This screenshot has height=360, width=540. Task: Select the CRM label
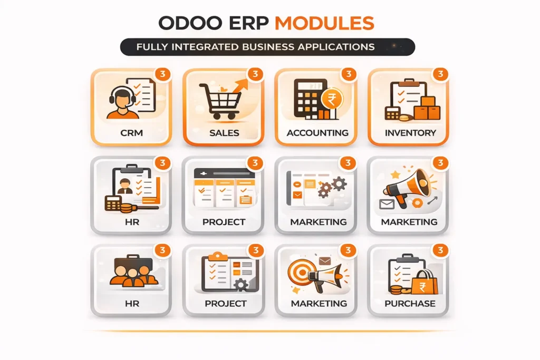coord(131,132)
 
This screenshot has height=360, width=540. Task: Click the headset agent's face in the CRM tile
coord(121,99)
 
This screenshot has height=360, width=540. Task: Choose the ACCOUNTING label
coord(317,132)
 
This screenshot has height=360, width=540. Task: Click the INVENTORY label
coord(410,132)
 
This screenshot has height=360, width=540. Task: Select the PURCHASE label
coord(410,303)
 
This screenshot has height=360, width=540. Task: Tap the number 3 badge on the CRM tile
coord(163,74)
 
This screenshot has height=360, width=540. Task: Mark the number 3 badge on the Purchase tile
coord(440,250)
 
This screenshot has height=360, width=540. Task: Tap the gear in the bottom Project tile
coord(241,286)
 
